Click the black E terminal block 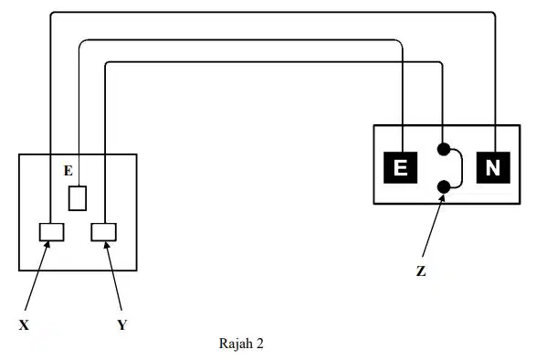click(x=400, y=168)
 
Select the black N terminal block click(x=493, y=168)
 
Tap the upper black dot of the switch click(x=444, y=149)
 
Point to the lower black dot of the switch click(x=444, y=186)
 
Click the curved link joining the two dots click(x=462, y=168)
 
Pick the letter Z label click(x=421, y=271)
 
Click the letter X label click(x=24, y=324)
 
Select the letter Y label click(x=122, y=324)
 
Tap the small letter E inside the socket click(x=68, y=171)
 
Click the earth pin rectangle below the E click(x=78, y=198)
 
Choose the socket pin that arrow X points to click(x=52, y=232)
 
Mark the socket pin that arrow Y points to click(x=103, y=232)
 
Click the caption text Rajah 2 click(x=241, y=344)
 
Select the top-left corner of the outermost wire click(x=52, y=13)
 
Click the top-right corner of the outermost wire click(x=494, y=14)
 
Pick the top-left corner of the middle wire click(x=81, y=42)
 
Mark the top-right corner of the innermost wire click(x=441, y=63)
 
